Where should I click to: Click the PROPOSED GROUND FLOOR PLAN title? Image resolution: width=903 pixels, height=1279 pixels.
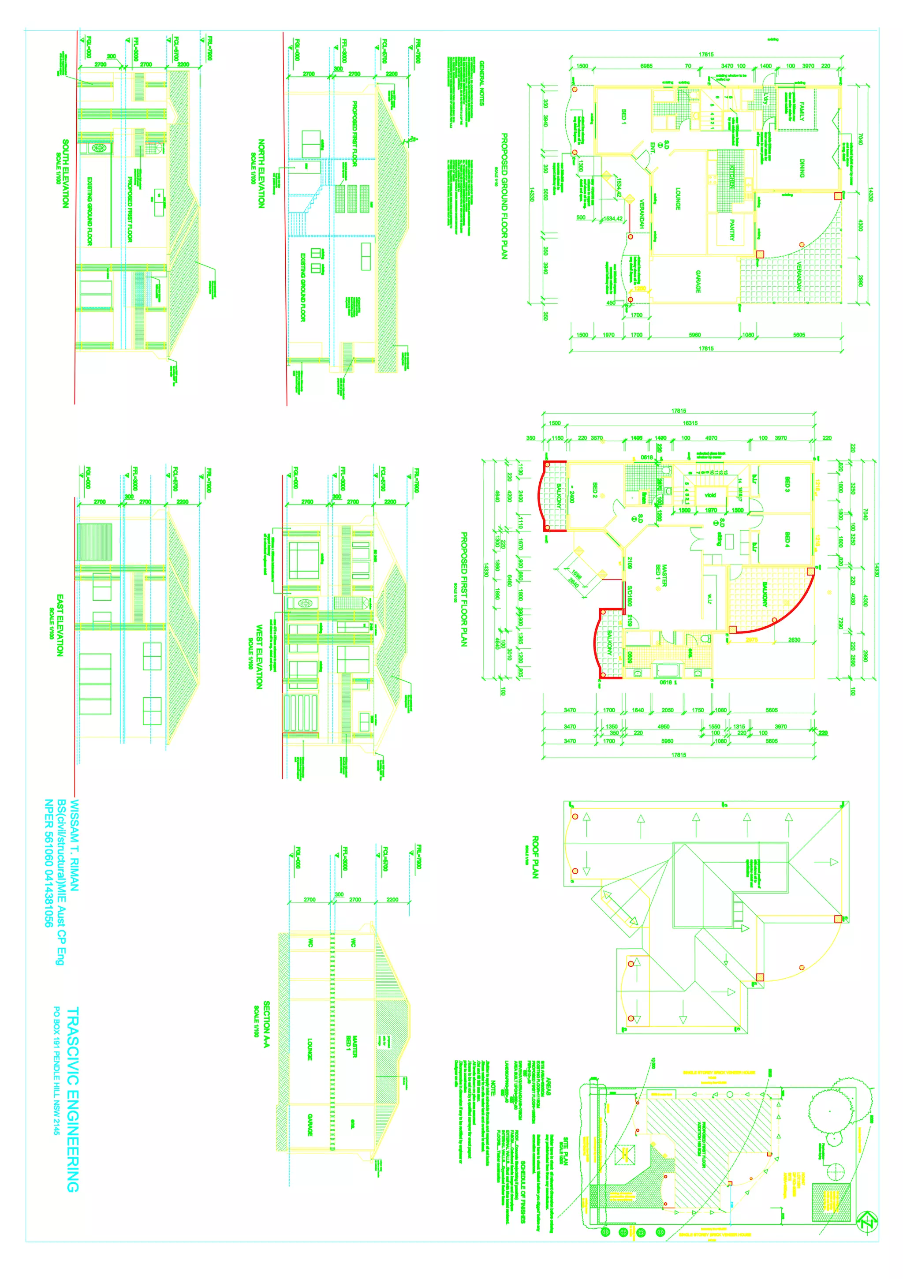[504, 196]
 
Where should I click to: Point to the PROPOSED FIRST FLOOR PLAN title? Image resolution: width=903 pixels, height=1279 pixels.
[463, 589]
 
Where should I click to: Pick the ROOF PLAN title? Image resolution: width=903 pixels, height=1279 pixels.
[535, 857]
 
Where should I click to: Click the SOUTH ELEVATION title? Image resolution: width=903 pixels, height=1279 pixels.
[65, 174]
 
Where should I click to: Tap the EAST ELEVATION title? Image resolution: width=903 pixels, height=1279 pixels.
[60, 625]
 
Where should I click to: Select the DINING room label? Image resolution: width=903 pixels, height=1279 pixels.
[802, 168]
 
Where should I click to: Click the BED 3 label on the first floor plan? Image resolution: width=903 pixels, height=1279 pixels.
[787, 485]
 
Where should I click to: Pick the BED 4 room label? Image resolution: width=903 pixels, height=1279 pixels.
[787, 539]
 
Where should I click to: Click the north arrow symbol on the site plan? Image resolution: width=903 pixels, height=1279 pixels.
[866, 1221]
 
